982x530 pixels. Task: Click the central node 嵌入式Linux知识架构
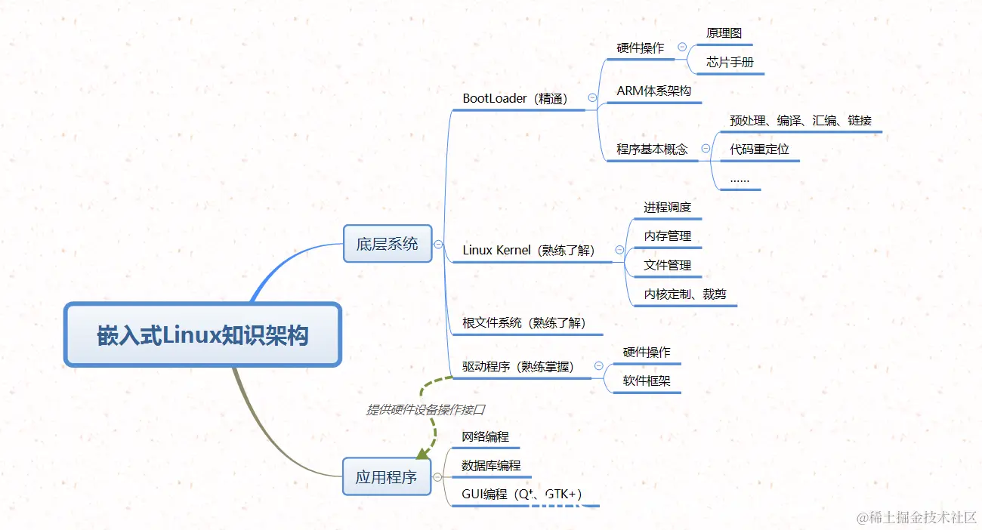click(x=203, y=335)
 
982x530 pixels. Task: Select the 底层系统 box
click(x=388, y=244)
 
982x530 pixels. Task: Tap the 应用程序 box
click(x=386, y=477)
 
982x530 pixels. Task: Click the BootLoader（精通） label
click(x=515, y=99)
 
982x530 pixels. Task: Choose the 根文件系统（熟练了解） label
click(x=523, y=323)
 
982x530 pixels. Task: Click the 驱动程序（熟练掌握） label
click(x=518, y=367)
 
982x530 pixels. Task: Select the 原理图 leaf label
click(x=724, y=33)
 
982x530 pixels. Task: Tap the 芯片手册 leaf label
click(x=730, y=63)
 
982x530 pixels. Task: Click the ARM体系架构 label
click(x=653, y=91)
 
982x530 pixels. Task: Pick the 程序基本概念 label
click(x=652, y=149)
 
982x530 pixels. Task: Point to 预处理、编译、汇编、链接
click(x=801, y=120)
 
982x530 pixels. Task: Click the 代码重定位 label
click(x=759, y=149)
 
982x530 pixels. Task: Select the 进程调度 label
click(x=667, y=208)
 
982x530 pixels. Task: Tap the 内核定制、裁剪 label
click(x=685, y=294)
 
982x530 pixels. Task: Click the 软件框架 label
click(x=647, y=381)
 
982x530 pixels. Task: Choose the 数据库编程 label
click(x=491, y=466)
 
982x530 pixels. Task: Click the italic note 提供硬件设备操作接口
click(x=425, y=410)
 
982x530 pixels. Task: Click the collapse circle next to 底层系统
click(x=438, y=244)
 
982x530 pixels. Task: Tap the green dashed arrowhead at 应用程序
click(x=423, y=453)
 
